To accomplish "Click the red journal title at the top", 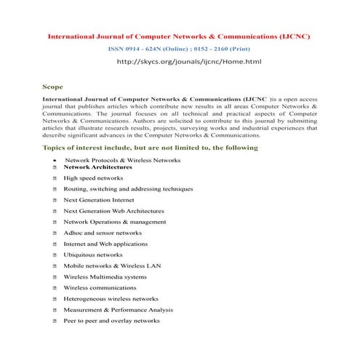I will pyautogui.click(x=180, y=35).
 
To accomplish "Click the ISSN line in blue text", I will pyautogui.click(x=180, y=49).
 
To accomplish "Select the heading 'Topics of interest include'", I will pyautogui.click(x=151, y=148).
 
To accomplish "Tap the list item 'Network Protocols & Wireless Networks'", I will pyautogui.click(x=122, y=159).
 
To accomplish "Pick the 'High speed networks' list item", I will pyautogui.click(x=93, y=178).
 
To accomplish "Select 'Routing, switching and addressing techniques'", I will pyautogui.click(x=128, y=189).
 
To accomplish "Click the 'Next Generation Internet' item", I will pyautogui.click(x=99, y=200).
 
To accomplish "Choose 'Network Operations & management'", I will pyautogui.click(x=114, y=222).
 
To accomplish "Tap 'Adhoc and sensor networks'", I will pyautogui.click(x=103, y=233).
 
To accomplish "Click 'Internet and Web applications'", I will pyautogui.click(x=105, y=244).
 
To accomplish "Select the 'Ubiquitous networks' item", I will pyautogui.click(x=93, y=255).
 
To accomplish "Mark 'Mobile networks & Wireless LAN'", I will pyautogui.click(x=112, y=265).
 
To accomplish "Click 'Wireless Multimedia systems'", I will pyautogui.click(x=105, y=276).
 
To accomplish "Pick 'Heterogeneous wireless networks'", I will pyautogui.click(x=111, y=298).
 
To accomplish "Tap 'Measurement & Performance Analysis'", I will pyautogui.click(x=118, y=309).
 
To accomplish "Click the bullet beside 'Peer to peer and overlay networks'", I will pyautogui.click(x=55, y=321).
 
